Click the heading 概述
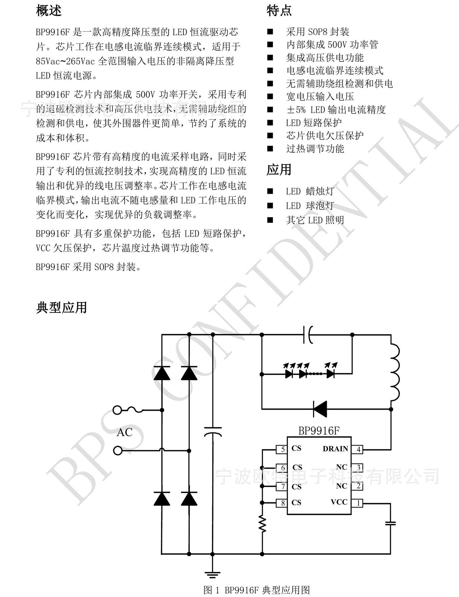click(49, 11)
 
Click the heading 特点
click(279, 11)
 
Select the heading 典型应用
click(62, 308)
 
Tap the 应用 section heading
click(279, 170)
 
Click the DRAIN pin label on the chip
click(335, 449)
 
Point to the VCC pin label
click(339, 502)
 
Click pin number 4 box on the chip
click(358, 449)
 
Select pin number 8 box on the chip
click(282, 503)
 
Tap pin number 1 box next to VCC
click(358, 503)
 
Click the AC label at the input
click(124, 432)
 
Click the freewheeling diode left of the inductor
click(320, 409)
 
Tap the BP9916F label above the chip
click(319, 431)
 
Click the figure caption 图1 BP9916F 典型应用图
click(257, 590)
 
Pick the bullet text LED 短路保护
click(314, 123)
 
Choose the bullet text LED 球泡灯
click(310, 206)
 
